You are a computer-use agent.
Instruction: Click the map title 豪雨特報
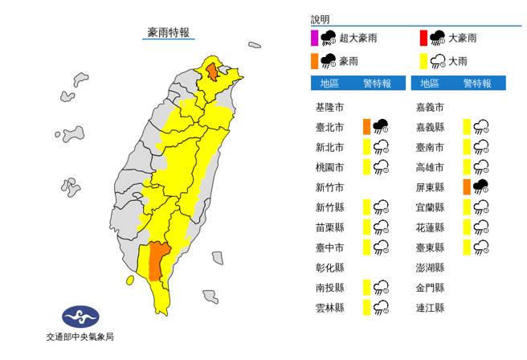tap(169, 33)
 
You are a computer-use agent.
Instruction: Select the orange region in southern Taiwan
tap(155, 260)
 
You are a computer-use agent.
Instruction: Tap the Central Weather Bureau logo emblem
tap(80, 315)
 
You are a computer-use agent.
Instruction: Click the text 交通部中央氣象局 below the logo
tap(80, 337)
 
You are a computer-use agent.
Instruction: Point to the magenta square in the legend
tap(315, 37)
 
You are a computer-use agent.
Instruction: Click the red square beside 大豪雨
tap(423, 37)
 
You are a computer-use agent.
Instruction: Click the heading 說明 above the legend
tap(321, 19)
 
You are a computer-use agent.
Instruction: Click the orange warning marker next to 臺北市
tap(366, 126)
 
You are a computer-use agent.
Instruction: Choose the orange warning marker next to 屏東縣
tap(468, 186)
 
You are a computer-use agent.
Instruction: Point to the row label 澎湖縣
tap(430, 267)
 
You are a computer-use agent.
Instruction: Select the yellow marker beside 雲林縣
tap(366, 307)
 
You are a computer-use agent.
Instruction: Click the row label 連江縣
tap(430, 307)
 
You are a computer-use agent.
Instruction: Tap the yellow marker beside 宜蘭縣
tap(468, 207)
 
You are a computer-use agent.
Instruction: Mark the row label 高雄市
tap(430, 167)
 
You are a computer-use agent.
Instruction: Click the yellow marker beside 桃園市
tap(366, 166)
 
